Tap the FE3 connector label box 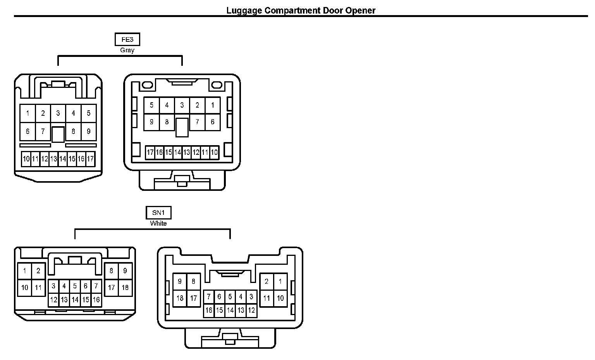click(127, 39)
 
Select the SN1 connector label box click(158, 213)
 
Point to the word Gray click(127, 50)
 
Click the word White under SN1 click(158, 223)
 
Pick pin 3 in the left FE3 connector click(58, 113)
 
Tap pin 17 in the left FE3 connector click(90, 159)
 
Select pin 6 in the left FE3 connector click(28, 132)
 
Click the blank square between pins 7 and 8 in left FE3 click(58, 134)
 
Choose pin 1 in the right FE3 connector click(213, 105)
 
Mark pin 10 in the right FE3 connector click(214, 153)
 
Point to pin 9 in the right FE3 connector click(151, 122)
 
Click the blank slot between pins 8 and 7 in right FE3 click(182, 127)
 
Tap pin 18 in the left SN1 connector click(125, 288)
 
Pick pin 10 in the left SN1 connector click(25, 288)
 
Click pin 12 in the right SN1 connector click(251, 310)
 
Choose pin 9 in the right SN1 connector click(180, 281)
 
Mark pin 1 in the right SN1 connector click(280, 281)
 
